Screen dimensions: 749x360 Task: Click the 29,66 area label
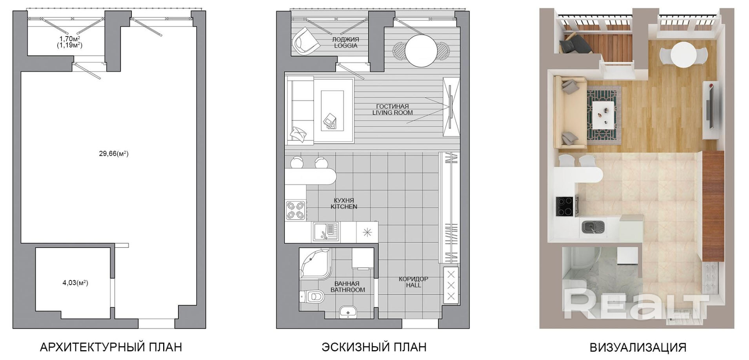click(x=113, y=154)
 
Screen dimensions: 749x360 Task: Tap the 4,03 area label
click(x=75, y=282)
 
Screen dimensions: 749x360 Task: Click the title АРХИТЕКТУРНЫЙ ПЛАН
click(x=111, y=347)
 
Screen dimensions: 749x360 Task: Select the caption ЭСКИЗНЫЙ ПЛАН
click(x=374, y=347)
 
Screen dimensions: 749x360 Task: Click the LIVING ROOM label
click(x=393, y=113)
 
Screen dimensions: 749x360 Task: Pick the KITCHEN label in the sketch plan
click(x=344, y=207)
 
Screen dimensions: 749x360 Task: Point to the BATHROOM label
click(x=347, y=290)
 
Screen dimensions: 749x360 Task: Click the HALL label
click(x=413, y=285)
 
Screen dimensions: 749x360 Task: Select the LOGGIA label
click(x=345, y=45)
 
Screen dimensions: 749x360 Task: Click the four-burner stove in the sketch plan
click(x=296, y=211)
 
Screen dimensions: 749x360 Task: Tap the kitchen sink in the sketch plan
click(x=325, y=232)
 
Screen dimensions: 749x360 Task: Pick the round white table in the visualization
click(x=684, y=55)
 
